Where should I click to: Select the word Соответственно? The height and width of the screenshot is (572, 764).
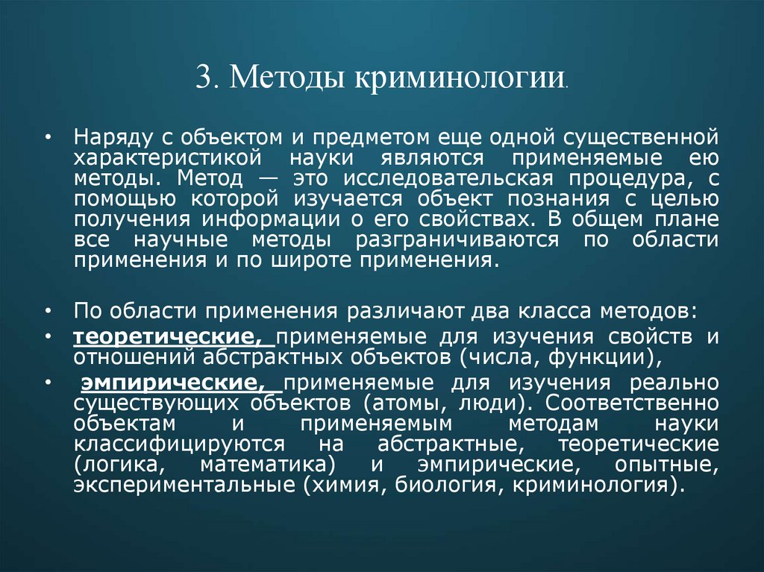(x=633, y=403)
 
